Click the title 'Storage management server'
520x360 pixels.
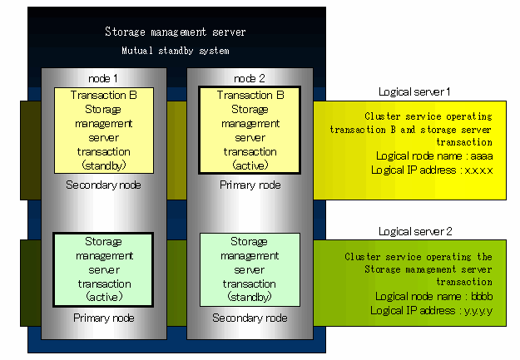[175, 32]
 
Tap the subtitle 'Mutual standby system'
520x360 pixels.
[175, 51]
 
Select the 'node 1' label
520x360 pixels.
[103, 78]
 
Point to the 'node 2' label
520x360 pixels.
[250, 78]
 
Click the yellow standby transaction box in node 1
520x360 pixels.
[104, 131]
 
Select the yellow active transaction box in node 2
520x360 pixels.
[250, 131]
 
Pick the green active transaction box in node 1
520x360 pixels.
[103, 270]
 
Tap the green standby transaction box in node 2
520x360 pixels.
[250, 270]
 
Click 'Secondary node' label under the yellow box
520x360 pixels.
[103, 185]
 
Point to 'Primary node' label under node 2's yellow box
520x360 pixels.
[250, 185]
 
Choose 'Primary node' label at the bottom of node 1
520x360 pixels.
[104, 318]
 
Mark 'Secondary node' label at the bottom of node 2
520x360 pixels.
[250, 318]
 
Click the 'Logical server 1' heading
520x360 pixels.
[414, 91]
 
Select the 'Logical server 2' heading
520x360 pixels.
[415, 231]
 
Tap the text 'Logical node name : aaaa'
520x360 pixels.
[434, 155]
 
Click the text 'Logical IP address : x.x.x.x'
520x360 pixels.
[432, 170]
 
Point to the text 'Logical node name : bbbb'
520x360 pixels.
[433, 296]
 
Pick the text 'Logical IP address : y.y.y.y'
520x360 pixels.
[432, 311]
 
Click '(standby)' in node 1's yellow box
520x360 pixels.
[104, 165]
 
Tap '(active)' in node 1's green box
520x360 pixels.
[104, 296]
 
